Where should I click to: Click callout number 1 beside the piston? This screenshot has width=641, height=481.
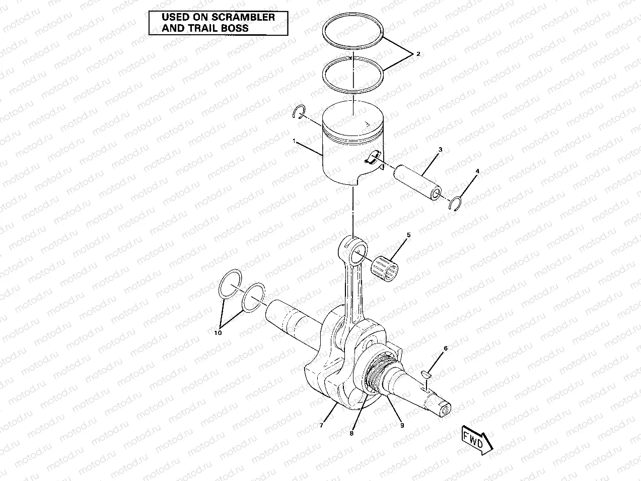coord(294,142)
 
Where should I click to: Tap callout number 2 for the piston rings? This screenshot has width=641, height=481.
coord(418,53)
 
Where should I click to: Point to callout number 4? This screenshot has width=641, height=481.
coord(477,172)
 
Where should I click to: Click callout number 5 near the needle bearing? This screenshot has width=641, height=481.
coord(408,235)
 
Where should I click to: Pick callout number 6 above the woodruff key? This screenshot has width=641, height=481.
coord(445,348)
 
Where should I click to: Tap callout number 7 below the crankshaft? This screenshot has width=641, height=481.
coord(321,426)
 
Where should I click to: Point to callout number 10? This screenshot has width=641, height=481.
coord(217,333)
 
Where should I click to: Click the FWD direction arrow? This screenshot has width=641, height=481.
coord(474,441)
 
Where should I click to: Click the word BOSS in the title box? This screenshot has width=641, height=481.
coord(235,28)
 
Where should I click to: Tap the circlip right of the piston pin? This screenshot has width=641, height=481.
coord(456,203)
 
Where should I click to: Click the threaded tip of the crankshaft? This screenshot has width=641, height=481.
coord(445,410)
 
